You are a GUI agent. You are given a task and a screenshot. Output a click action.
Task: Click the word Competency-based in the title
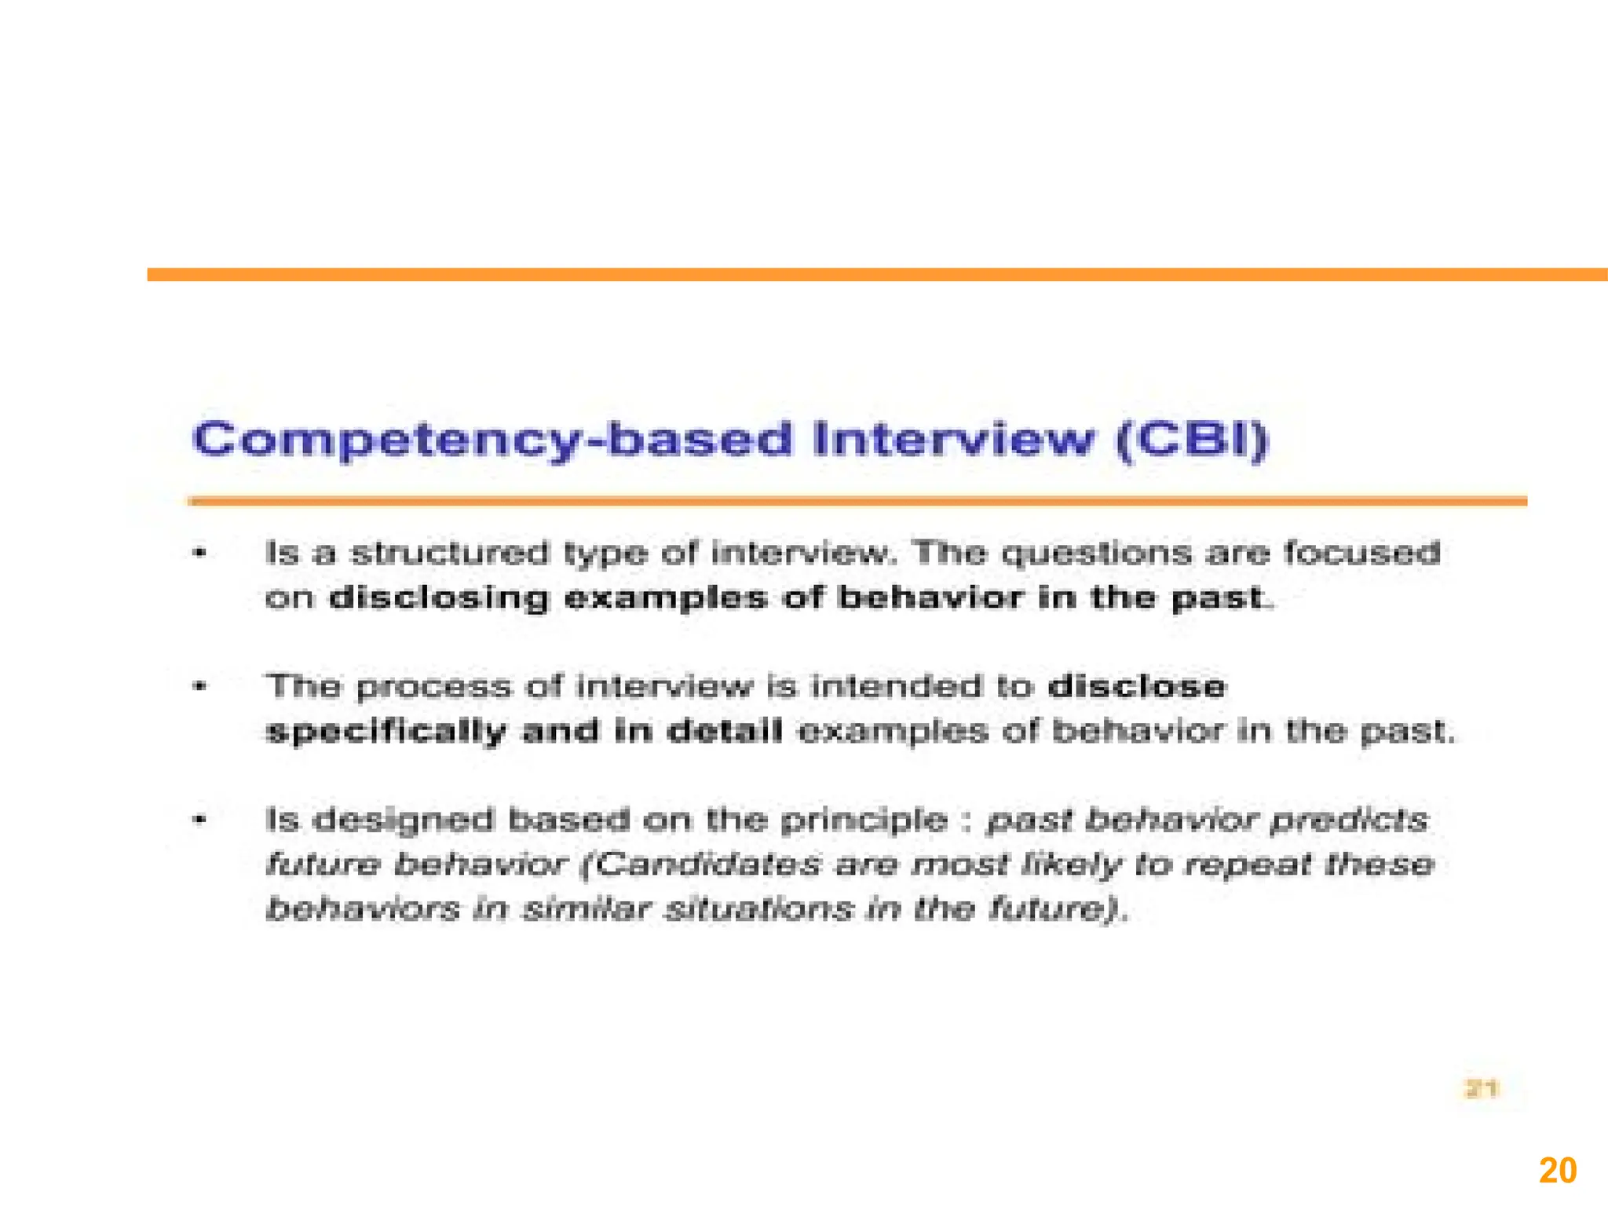point(493,440)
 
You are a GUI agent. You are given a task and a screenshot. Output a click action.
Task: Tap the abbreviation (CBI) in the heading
point(1192,440)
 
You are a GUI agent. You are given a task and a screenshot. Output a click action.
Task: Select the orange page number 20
point(1558,1171)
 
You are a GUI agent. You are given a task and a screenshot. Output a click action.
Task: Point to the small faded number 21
point(1482,1089)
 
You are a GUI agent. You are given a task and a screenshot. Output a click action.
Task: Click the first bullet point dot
point(200,554)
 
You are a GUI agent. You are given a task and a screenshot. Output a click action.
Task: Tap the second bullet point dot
point(200,687)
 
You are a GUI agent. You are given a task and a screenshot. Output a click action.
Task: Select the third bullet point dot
point(200,820)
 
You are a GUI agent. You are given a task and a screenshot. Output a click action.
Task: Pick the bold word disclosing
point(438,598)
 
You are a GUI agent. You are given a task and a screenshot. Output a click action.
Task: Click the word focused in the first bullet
point(1361,553)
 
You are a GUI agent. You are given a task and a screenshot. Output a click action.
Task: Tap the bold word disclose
point(1136,686)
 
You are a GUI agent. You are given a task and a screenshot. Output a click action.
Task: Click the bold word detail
point(724,731)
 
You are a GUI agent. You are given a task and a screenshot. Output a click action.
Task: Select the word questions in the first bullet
point(1098,554)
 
